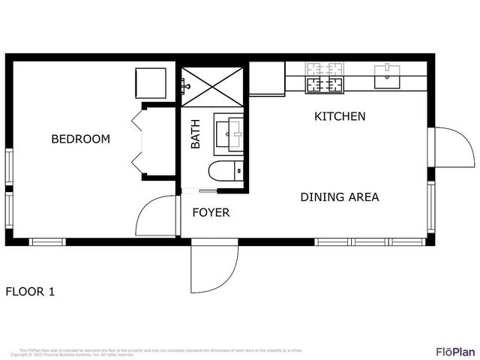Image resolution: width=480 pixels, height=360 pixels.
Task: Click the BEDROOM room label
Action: coord(80,139)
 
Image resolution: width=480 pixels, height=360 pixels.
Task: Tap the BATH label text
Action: coord(195,133)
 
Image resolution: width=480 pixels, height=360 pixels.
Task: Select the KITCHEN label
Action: coord(339,116)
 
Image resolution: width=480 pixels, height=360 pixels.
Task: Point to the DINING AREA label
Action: coord(339,197)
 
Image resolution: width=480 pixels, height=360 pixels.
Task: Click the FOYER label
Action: coord(211,212)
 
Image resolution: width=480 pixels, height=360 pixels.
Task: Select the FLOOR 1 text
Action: coord(30,291)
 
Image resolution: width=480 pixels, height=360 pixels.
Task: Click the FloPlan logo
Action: coord(455,351)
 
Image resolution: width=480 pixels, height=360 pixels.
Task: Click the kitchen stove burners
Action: coord(324,79)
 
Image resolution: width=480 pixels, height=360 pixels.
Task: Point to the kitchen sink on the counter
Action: coord(387,75)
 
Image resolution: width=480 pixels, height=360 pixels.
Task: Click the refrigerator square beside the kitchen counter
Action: coord(266,78)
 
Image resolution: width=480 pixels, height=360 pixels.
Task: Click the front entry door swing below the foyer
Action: coord(214,268)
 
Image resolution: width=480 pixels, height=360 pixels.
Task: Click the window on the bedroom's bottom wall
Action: coord(47,241)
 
